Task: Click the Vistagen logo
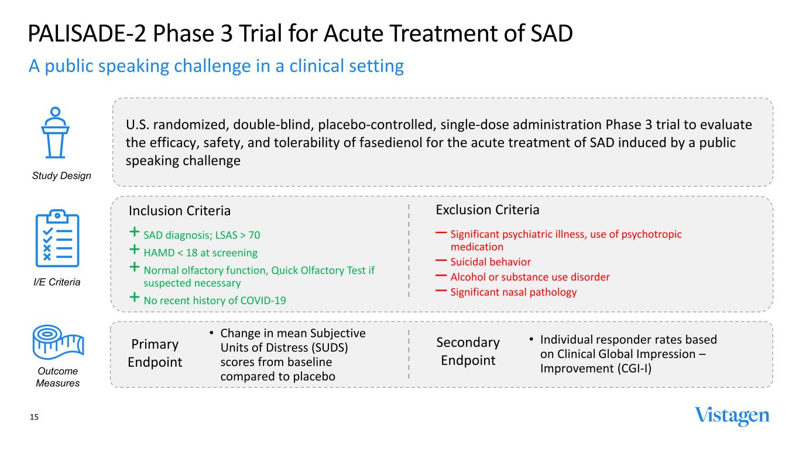pyautogui.click(x=732, y=416)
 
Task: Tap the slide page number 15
pyautogui.click(x=34, y=417)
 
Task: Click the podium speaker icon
pyautogui.click(x=55, y=132)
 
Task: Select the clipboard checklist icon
pyautogui.click(x=57, y=238)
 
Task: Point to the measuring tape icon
pyautogui.click(x=58, y=342)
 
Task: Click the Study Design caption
pyautogui.click(x=61, y=176)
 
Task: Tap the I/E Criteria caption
pyautogui.click(x=57, y=282)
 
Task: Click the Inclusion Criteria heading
pyautogui.click(x=180, y=211)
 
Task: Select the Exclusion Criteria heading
pyautogui.click(x=487, y=210)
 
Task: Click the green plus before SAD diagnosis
pyautogui.click(x=135, y=232)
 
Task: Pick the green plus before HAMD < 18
pyautogui.click(x=135, y=249)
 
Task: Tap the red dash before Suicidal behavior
pyautogui.click(x=441, y=261)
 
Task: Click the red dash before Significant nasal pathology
pyautogui.click(x=441, y=291)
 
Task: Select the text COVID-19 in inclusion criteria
pyautogui.click(x=263, y=301)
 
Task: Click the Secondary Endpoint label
pyautogui.click(x=468, y=352)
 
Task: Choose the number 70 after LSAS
pyautogui.click(x=254, y=235)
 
